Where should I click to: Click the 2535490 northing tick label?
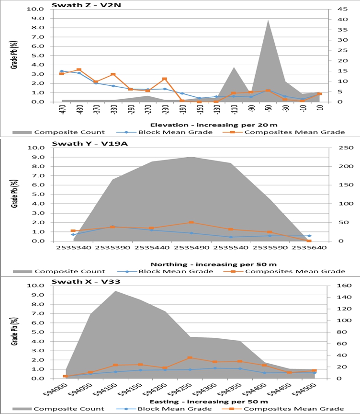click(x=191, y=248)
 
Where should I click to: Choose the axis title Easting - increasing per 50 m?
click(x=190, y=401)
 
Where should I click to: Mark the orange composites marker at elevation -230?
click(x=165, y=79)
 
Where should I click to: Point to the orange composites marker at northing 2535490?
click(x=191, y=222)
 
